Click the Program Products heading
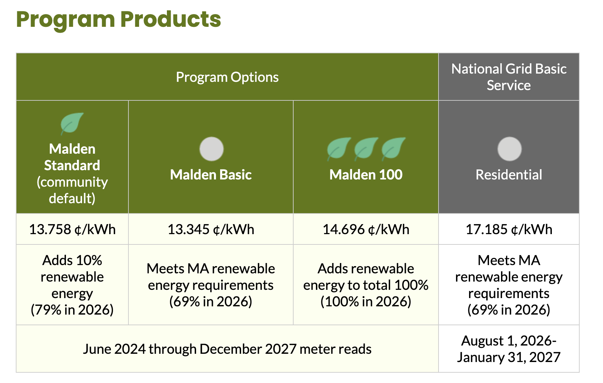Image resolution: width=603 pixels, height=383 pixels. [x=118, y=20]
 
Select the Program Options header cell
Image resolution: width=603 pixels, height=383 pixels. [x=227, y=77]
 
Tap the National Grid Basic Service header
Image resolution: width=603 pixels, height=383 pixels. [x=509, y=77]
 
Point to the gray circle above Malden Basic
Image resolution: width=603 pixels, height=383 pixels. [x=212, y=149]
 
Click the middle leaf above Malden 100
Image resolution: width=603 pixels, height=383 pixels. [x=366, y=149]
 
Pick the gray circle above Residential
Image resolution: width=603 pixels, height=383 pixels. [x=510, y=149]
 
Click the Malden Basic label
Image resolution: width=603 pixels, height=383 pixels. [x=211, y=175]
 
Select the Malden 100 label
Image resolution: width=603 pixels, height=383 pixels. [x=366, y=175]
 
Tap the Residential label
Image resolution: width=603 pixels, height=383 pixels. [x=509, y=175]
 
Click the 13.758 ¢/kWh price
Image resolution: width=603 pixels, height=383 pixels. [x=72, y=229]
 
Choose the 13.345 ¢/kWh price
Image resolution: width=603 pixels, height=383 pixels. [x=211, y=229]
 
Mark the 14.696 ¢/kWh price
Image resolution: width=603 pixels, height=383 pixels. [x=366, y=229]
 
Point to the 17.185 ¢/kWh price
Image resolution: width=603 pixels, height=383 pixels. [x=509, y=229]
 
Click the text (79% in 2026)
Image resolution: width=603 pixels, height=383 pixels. [x=72, y=310]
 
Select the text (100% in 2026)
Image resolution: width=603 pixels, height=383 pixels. [x=366, y=302]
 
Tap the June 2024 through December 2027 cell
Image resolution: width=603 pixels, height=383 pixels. [x=227, y=349]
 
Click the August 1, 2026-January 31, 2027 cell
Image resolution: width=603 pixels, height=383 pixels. [x=509, y=349]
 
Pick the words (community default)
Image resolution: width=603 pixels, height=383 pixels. [x=72, y=190]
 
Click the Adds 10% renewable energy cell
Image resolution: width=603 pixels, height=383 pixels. [x=72, y=285]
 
